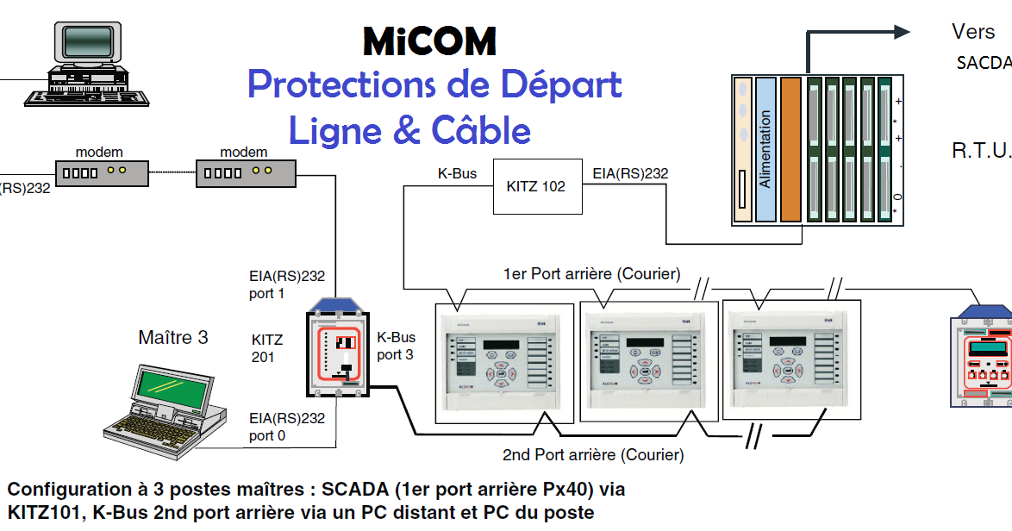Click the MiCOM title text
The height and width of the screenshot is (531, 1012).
429,41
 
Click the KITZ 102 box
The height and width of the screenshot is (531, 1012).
536,186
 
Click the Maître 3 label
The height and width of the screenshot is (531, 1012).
173,337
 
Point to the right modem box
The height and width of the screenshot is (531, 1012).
246,173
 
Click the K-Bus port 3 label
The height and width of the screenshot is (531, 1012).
396,346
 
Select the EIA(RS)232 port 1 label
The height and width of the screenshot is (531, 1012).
287,284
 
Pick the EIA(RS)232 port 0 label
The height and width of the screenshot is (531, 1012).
287,427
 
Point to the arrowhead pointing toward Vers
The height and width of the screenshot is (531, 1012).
902,33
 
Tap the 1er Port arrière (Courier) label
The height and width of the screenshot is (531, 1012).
591,274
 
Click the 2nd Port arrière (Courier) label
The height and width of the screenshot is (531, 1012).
593,454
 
